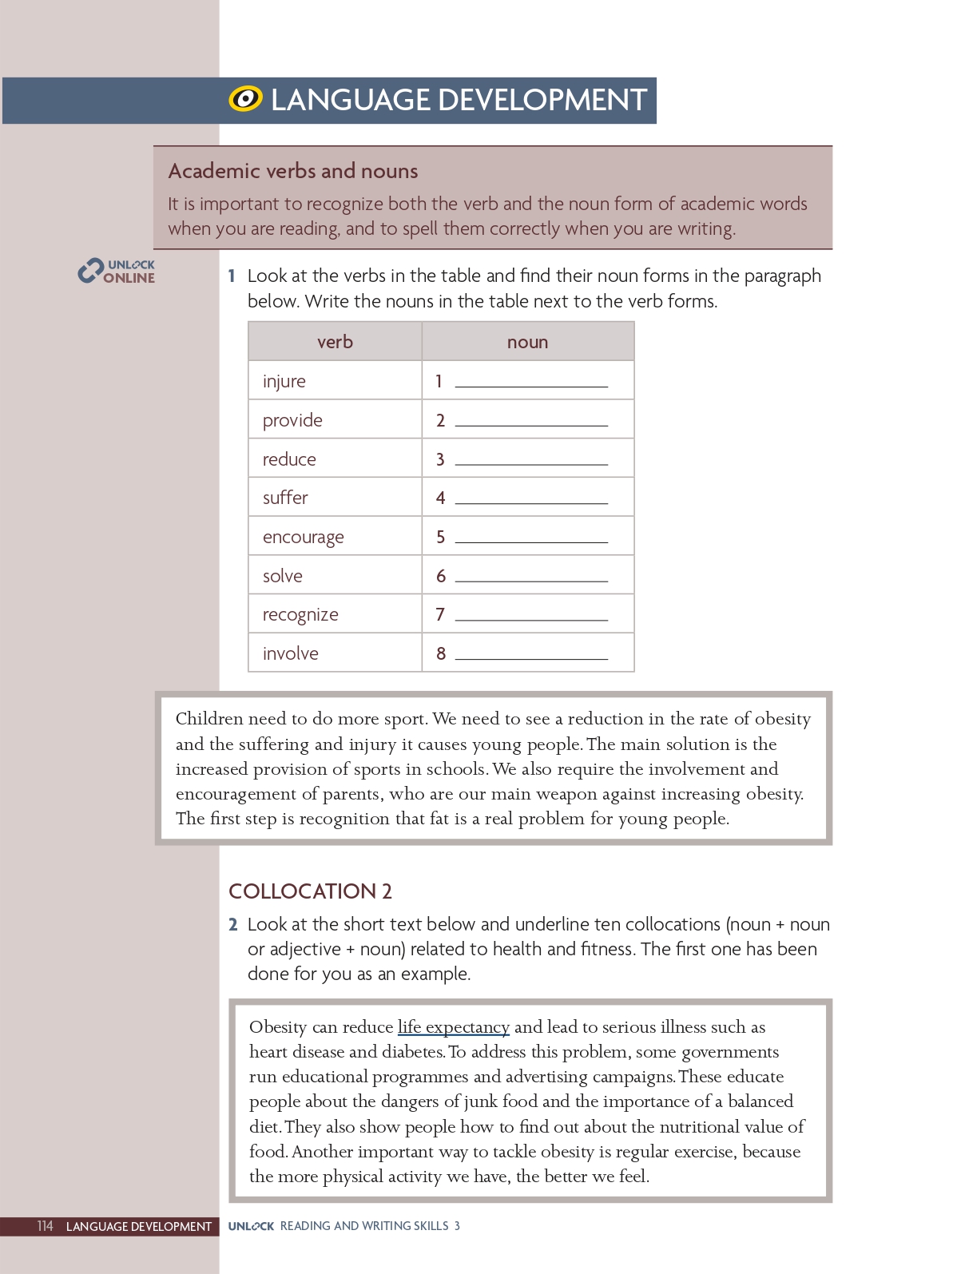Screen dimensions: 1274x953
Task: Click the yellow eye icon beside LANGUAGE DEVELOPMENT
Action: (245, 99)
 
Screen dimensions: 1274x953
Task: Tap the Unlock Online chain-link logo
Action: (89, 272)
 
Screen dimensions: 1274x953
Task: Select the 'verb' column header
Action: (335, 342)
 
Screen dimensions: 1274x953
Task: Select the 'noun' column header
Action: (527, 342)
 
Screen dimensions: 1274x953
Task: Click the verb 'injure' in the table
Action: (284, 381)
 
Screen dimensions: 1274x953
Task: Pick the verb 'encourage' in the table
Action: (304, 537)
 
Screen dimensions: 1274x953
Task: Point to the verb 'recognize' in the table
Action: (300, 615)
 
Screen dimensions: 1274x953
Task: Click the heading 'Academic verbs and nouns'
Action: (293, 171)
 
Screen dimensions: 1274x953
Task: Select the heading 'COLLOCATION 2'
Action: (310, 891)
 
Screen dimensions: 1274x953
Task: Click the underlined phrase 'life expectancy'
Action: (453, 1027)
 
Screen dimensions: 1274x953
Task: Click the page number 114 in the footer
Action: (45, 1226)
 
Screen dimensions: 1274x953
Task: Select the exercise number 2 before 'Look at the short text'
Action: (232, 925)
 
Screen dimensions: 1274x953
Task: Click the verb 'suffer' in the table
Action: (285, 498)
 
